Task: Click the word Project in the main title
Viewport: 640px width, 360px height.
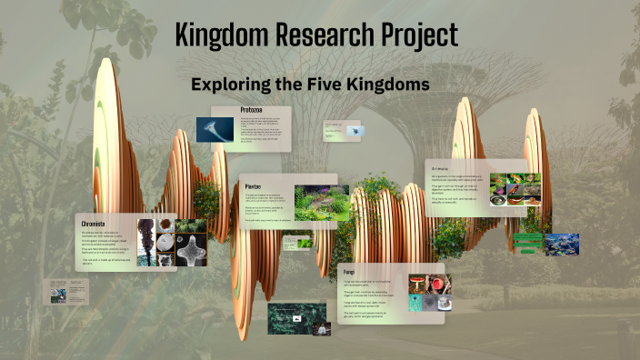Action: pos(415,37)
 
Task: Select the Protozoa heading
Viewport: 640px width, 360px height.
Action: pos(251,110)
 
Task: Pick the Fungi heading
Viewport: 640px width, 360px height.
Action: pos(350,272)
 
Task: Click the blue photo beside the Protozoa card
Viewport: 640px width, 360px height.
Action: pos(216,129)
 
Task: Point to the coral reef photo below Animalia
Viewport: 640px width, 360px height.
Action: pos(562,245)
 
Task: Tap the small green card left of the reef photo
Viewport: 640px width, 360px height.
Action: pos(527,243)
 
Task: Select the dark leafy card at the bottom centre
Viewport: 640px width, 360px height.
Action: pos(296,318)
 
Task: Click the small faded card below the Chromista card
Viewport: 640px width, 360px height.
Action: pos(70,292)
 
